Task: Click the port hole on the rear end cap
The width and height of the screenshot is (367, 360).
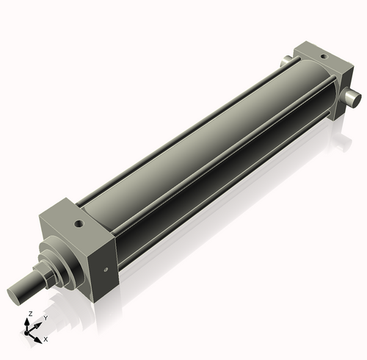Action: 321,56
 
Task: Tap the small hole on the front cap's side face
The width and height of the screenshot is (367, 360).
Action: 107,270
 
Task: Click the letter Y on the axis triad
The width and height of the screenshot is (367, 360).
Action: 46,317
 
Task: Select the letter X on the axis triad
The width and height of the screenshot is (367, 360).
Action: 46,339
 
